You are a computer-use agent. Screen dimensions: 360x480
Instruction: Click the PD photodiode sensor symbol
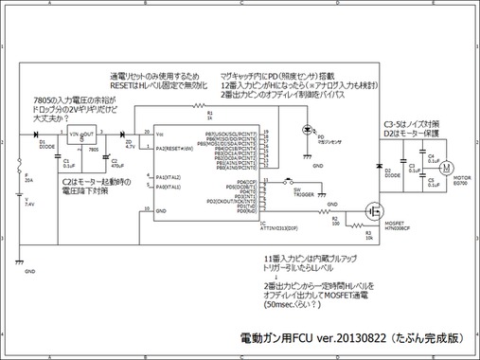click(x=306, y=131)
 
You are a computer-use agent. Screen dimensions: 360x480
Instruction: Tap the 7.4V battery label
click(x=28, y=204)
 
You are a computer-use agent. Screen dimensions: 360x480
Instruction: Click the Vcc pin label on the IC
click(x=161, y=135)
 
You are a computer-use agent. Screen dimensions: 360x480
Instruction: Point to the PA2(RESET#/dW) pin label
click(x=175, y=149)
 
